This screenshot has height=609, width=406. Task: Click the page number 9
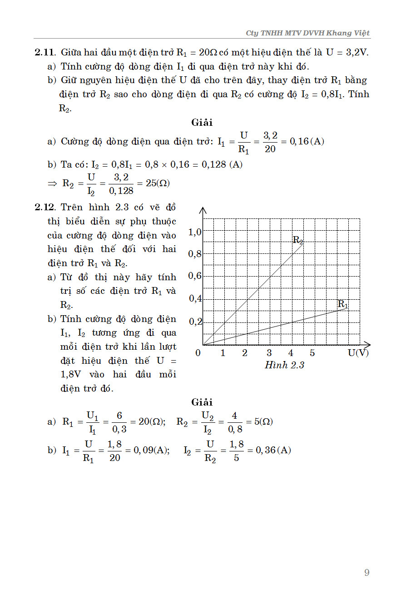click(x=366, y=573)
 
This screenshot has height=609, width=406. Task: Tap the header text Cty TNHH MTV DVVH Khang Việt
click(x=307, y=33)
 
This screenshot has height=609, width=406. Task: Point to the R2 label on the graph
click(x=297, y=240)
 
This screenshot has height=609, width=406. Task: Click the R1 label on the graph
click(x=343, y=304)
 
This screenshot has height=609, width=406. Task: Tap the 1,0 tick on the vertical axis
click(x=195, y=233)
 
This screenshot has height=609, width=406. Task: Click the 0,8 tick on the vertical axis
click(x=195, y=254)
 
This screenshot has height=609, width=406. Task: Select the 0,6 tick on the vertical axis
click(x=195, y=276)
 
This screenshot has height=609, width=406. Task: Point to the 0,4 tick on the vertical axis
click(x=195, y=299)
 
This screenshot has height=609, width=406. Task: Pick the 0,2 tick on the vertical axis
click(x=195, y=322)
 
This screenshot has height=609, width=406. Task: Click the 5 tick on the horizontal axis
click(x=312, y=353)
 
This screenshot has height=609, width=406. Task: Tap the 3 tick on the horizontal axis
click(x=269, y=353)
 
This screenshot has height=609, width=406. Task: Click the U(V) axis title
click(x=358, y=353)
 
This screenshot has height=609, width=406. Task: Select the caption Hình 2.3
click(x=284, y=365)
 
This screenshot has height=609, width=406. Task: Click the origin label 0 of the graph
click(x=198, y=353)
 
